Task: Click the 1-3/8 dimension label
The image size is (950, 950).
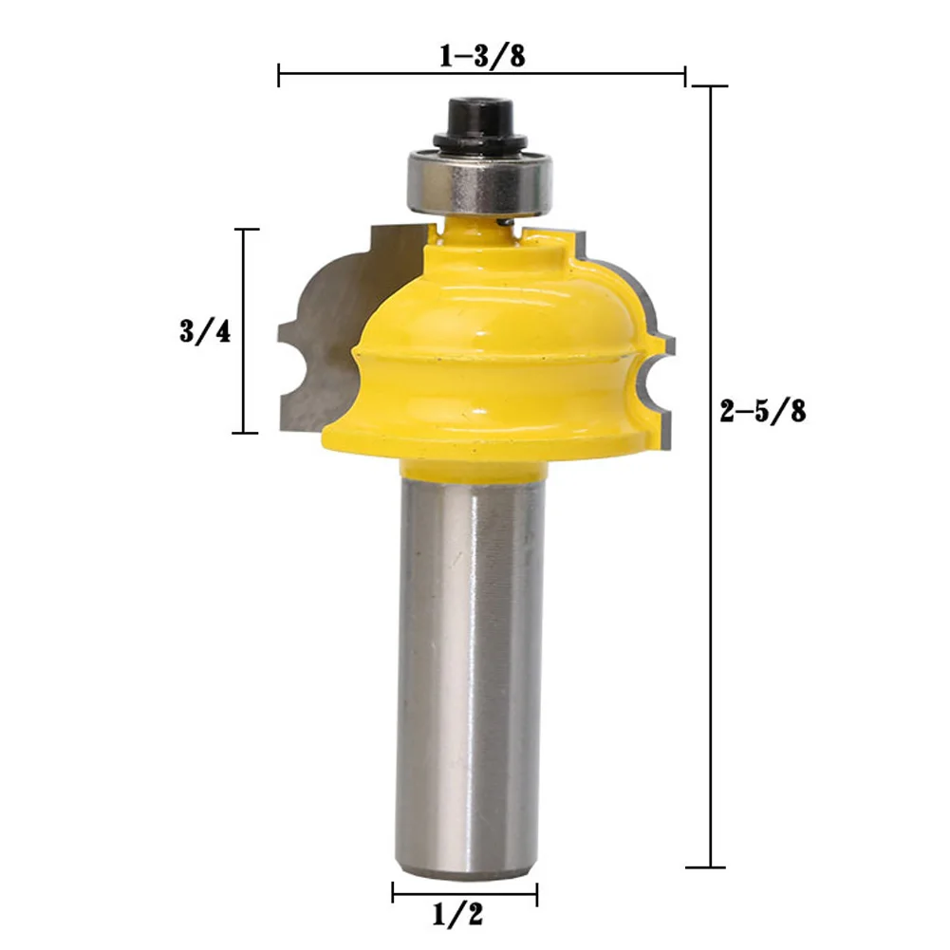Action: tap(482, 56)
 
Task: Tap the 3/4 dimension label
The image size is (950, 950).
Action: tap(204, 332)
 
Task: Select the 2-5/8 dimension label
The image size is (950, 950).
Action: tap(765, 411)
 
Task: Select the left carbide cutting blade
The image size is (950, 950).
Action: tap(327, 323)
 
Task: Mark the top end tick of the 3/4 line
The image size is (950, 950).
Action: tap(246, 230)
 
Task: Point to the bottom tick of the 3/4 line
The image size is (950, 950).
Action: tap(246, 433)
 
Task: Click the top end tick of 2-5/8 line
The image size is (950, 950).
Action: tap(712, 86)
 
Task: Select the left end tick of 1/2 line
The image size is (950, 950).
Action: tap(393, 892)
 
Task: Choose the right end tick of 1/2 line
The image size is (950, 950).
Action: tap(537, 892)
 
